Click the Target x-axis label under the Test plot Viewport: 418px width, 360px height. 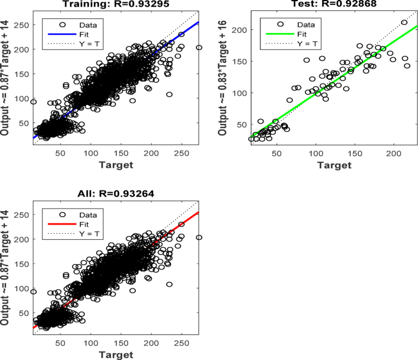[334, 165]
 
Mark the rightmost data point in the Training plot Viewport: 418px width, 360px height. [198, 48]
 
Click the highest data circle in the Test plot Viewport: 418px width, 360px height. [404, 23]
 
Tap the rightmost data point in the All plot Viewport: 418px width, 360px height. [198, 237]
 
